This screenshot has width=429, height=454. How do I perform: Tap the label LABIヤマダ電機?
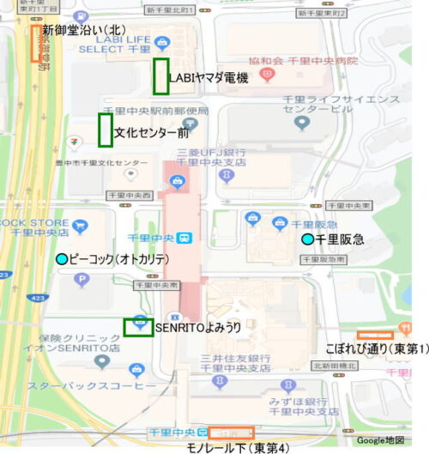[x=208, y=79]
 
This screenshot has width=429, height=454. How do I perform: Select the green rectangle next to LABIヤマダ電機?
[x=160, y=76]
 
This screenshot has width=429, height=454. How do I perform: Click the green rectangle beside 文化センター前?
[x=106, y=130]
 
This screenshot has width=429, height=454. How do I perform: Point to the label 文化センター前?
[x=151, y=133]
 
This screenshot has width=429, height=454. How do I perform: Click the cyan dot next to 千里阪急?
[x=307, y=239]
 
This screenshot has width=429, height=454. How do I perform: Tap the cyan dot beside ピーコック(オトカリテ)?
[x=61, y=259]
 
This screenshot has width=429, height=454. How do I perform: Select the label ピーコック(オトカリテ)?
[x=119, y=259]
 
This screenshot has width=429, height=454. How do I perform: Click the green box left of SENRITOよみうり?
[x=138, y=326]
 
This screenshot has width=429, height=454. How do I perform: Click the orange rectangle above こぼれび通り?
[x=375, y=334]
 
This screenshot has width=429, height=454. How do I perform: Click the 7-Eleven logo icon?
[x=79, y=137]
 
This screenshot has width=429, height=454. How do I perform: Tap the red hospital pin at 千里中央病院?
[x=266, y=76]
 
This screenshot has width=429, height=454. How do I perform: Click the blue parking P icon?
[x=82, y=279]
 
